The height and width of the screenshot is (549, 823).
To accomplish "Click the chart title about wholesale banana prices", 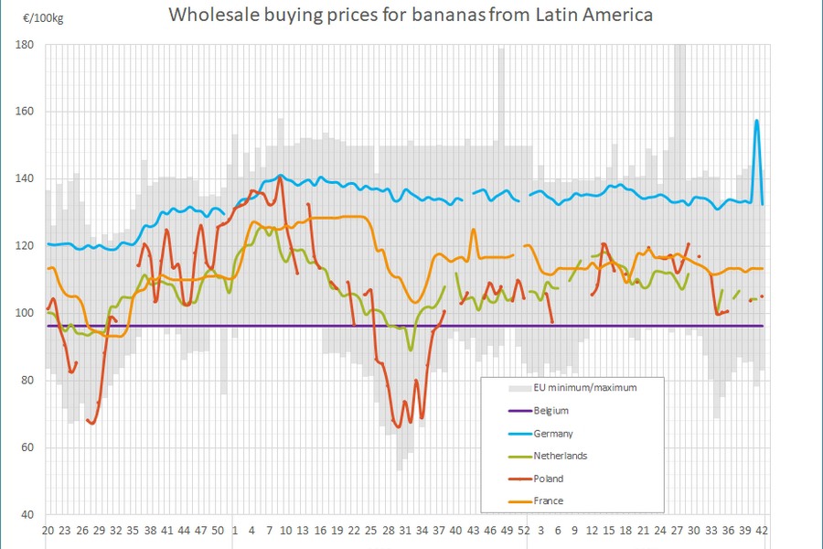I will tap(411, 16).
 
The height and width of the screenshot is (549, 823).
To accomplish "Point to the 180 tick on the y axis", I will tap(25, 44).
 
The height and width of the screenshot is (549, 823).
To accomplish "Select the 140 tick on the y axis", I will tap(25, 178).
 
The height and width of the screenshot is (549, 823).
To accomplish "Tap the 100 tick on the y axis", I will tap(25, 313).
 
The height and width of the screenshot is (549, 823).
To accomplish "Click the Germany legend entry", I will tap(552, 434).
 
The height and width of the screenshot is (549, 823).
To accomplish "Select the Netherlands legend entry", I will tap(559, 456).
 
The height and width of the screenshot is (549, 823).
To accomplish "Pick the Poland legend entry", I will tap(548, 479).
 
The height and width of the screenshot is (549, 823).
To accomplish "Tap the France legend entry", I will tap(548, 501).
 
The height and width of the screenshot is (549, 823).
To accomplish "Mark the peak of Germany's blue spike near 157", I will tap(756, 121).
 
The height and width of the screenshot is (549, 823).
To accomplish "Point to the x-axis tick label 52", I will tap(523, 531).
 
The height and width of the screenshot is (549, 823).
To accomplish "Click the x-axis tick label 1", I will tap(235, 531).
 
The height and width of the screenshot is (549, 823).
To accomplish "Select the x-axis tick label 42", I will tap(762, 531).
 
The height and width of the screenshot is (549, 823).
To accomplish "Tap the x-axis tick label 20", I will tap(48, 531).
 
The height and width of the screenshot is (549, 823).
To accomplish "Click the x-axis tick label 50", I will tap(218, 531).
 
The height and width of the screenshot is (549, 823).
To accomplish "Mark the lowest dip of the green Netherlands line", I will tap(411, 350).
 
